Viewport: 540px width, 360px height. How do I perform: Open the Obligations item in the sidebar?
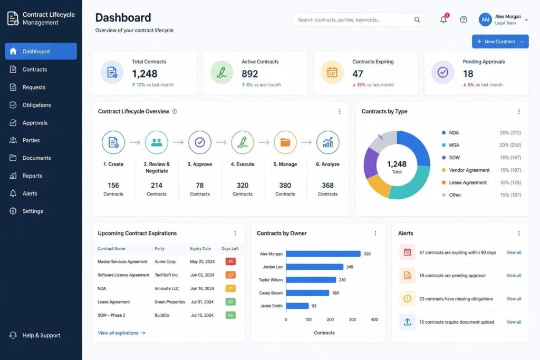36,105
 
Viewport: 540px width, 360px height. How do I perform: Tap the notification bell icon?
443,20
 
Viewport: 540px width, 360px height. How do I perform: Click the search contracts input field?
353,20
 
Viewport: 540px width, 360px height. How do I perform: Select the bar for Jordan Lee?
314,267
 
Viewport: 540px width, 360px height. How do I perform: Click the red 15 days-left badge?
230,261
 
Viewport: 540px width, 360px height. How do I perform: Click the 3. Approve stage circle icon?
200,142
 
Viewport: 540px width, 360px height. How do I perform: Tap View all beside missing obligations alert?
514,299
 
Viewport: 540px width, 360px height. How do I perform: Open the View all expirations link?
121,333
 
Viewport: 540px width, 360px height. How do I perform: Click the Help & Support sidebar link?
41,335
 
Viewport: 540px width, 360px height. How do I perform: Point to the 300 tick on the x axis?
352,319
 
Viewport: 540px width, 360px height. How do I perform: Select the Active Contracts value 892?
250,74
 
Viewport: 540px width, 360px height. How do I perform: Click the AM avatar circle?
485,20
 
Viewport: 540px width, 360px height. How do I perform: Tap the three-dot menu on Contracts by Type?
518,112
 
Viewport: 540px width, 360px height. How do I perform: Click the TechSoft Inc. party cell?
167,275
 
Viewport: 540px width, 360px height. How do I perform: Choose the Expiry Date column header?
200,248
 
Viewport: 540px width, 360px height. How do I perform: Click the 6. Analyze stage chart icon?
327,142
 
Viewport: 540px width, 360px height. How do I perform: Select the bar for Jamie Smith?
297,306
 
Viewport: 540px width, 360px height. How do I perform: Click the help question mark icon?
464,20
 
